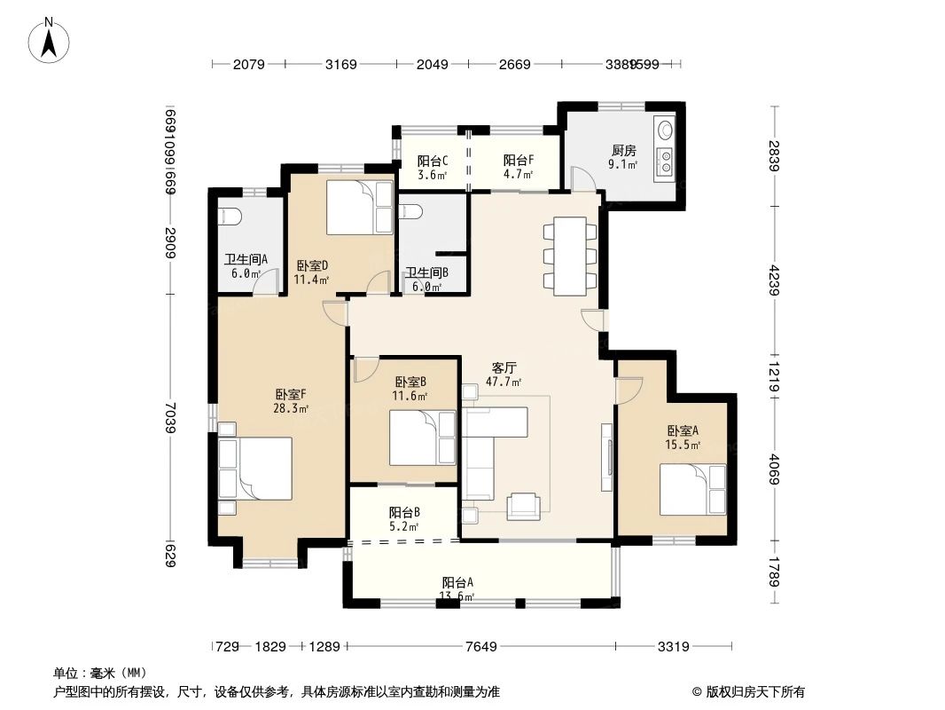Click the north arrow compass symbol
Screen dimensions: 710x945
51,39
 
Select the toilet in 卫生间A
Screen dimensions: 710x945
229,215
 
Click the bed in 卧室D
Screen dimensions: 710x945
359,208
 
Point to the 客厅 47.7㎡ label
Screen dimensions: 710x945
504,375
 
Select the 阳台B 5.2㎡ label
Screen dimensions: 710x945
404,518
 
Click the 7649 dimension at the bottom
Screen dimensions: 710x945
481,646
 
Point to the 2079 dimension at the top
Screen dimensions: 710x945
249,64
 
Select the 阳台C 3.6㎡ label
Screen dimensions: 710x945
433,167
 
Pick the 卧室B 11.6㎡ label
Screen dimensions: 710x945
411,388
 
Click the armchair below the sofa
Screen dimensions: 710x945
523,506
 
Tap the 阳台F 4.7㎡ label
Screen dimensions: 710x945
518,167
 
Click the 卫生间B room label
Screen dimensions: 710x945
426,280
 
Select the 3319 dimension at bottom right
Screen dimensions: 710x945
674,646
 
